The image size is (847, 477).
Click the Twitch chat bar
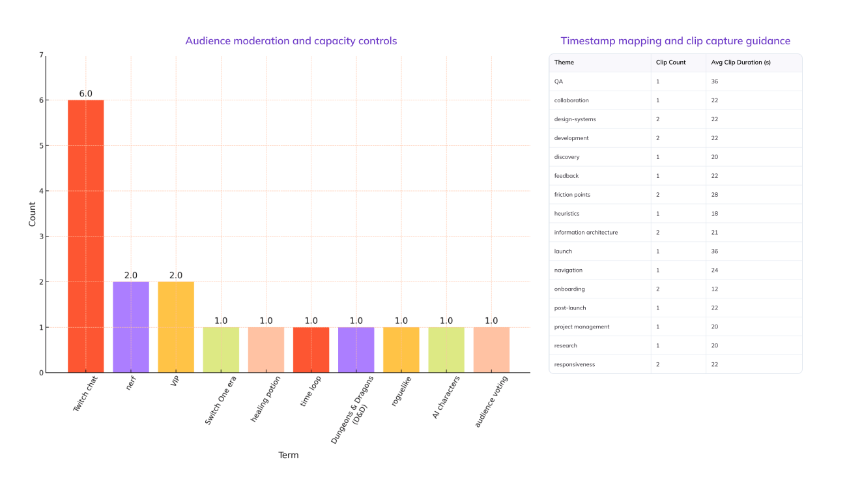pos(86,236)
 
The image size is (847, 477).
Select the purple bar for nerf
pos(131,327)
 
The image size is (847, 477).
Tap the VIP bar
pos(176,327)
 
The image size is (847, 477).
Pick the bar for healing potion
pos(266,350)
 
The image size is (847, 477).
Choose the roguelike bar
pos(401,350)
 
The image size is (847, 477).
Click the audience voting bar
pos(491,350)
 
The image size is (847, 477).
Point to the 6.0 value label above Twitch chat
pos(86,94)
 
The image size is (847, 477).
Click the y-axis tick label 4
pos(41,191)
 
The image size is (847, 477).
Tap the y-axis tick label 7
pos(41,55)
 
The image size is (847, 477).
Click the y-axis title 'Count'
pos(33,214)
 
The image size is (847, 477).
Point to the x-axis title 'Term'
pos(288,455)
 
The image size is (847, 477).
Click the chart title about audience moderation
pos(291,41)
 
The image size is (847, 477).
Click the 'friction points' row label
pos(572,195)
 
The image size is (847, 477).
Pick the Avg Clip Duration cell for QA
pos(715,81)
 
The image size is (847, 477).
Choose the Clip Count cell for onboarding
pos(658,289)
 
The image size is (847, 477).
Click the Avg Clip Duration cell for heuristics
pos(715,214)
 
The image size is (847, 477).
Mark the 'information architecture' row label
pos(586,233)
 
